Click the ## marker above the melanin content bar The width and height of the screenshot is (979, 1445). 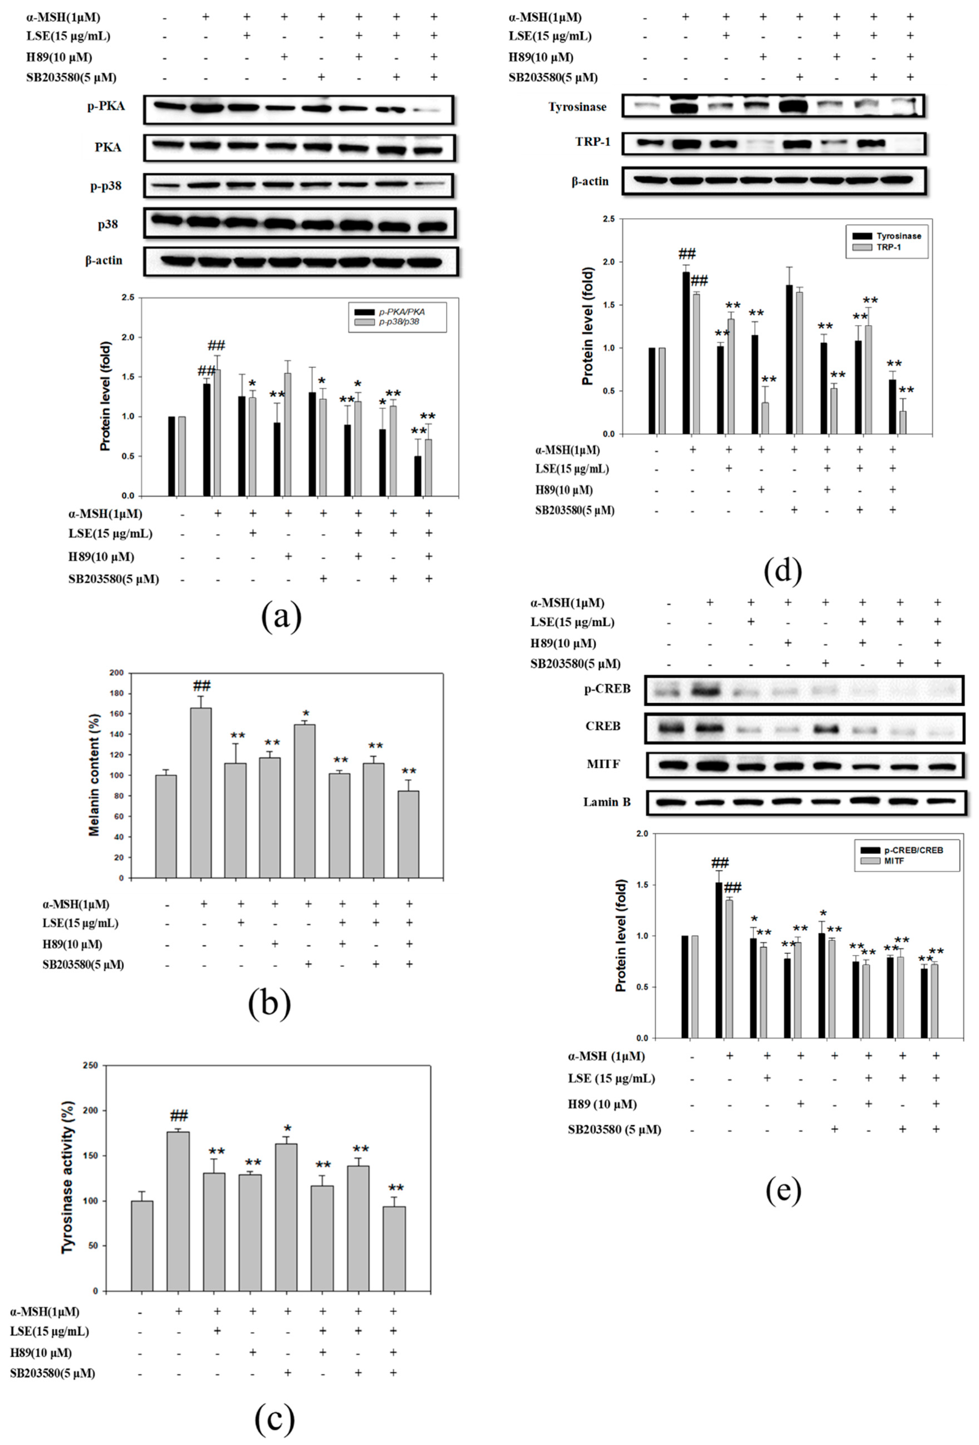(x=201, y=686)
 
